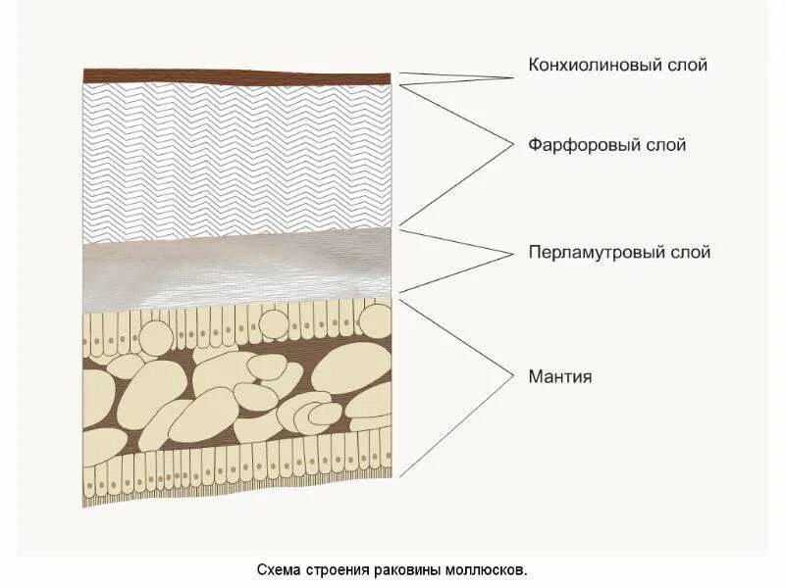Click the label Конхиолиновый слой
(617, 66)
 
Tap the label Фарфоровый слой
(606, 145)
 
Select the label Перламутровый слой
(619, 253)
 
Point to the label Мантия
(559, 375)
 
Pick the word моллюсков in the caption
(491, 569)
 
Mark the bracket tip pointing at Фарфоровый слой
(514, 145)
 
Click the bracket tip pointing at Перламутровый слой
(514, 253)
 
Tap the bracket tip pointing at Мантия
(514, 375)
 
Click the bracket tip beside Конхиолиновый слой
(514, 75)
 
